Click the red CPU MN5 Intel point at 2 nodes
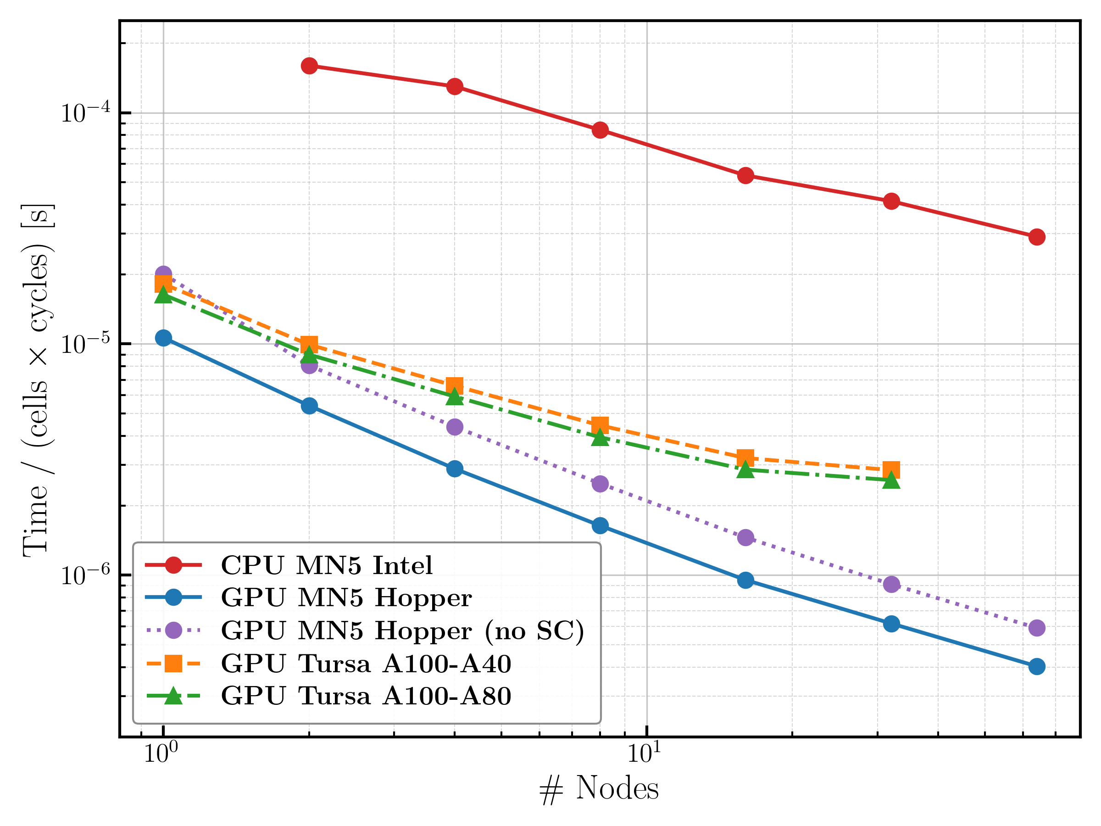tap(309, 66)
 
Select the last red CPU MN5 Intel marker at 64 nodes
tap(1037, 237)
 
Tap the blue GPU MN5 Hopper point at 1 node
tap(163, 338)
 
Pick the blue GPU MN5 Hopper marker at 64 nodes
tap(1037, 667)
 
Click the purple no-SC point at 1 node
tap(163, 273)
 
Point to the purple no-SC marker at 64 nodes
tap(1037, 628)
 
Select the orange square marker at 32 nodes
tap(891, 469)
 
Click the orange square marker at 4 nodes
tap(455, 385)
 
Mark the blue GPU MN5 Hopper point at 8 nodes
tap(600, 525)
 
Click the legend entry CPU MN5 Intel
tap(327, 565)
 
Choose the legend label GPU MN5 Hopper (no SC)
tap(402, 631)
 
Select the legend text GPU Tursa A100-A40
tap(366, 664)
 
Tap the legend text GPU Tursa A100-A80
tap(366, 696)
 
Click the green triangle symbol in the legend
tap(173, 696)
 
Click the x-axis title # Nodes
tap(599, 789)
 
